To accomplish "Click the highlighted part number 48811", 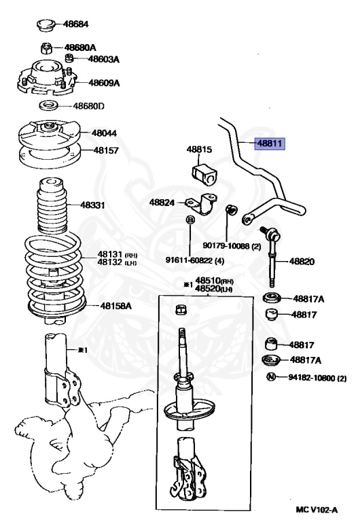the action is pyautogui.click(x=270, y=144).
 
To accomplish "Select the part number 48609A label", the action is pyautogui.click(x=104, y=82).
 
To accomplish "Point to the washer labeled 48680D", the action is pyautogui.click(x=49, y=106).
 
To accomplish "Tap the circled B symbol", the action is pyautogui.click(x=190, y=220).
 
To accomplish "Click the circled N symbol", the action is pyautogui.click(x=272, y=377).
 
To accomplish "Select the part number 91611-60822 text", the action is pyautogui.click(x=190, y=260).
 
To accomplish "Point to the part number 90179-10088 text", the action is pyautogui.click(x=226, y=246).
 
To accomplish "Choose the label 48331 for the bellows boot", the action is pyautogui.click(x=92, y=205).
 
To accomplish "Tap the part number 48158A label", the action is pyautogui.click(x=115, y=305).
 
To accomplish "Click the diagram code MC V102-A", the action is pyautogui.click(x=317, y=510).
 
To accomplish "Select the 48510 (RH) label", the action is pyautogui.click(x=213, y=280).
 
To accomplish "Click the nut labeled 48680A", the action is pyautogui.click(x=47, y=49).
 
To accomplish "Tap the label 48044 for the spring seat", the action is pyautogui.click(x=104, y=133).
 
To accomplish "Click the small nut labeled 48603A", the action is pyautogui.click(x=68, y=58).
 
